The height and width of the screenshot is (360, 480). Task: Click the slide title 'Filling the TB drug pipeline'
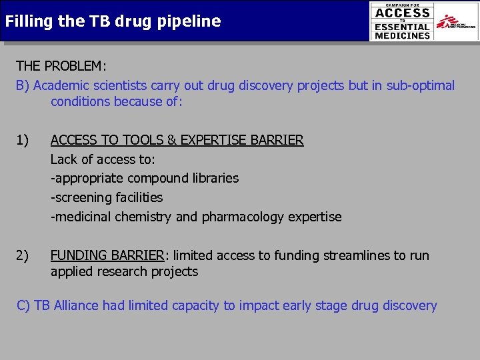(x=113, y=21)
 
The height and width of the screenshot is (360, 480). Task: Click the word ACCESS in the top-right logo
(x=402, y=13)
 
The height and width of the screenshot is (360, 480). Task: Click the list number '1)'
(x=23, y=140)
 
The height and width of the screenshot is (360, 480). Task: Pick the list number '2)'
(x=23, y=255)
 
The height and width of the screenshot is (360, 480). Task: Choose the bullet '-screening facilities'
(x=107, y=197)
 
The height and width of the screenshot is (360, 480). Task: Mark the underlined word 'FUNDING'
(x=78, y=255)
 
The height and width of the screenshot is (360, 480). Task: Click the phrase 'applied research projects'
(x=124, y=271)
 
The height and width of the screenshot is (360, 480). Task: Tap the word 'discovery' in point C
(x=407, y=306)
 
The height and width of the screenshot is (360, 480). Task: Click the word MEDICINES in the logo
(x=402, y=36)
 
